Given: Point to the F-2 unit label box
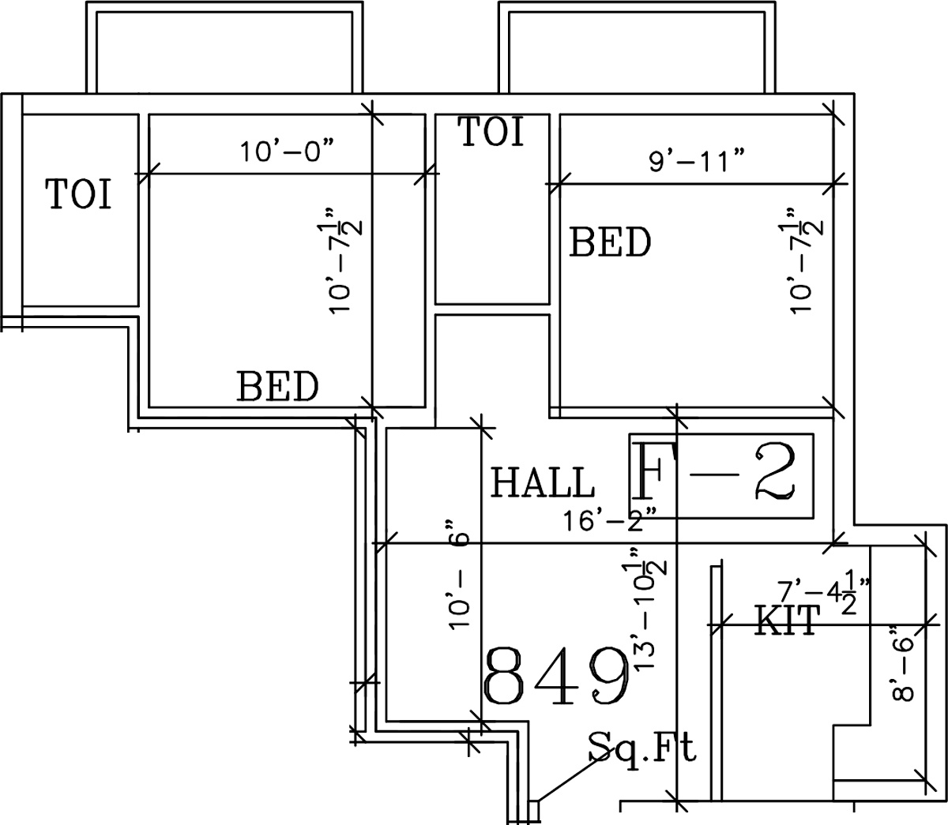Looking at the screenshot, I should (722, 475).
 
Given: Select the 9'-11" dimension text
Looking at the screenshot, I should (697, 161).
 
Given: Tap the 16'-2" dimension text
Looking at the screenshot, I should (610, 522).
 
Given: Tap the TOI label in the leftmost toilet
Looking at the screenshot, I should (79, 194).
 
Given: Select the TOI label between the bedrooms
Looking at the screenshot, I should (491, 132).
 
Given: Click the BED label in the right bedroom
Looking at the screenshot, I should (610, 242).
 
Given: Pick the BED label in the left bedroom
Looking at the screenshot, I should (278, 387).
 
